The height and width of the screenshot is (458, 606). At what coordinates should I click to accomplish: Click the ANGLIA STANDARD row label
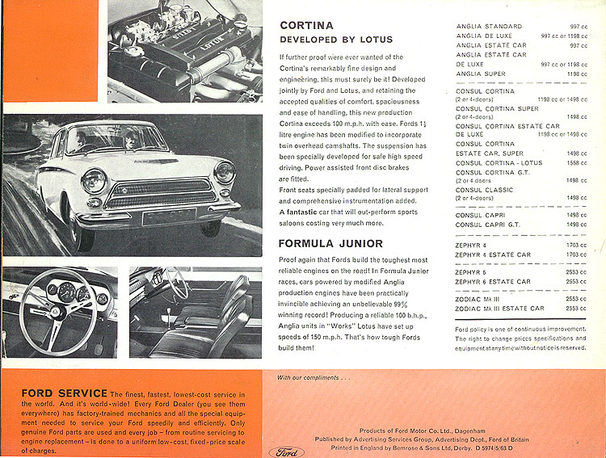tap(489, 27)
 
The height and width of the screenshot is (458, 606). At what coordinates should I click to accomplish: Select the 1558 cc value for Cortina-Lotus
tap(576, 162)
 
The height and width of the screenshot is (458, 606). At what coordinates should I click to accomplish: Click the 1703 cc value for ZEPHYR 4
tap(576, 245)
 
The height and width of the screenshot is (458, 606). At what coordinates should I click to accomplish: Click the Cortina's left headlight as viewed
tap(94, 179)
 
